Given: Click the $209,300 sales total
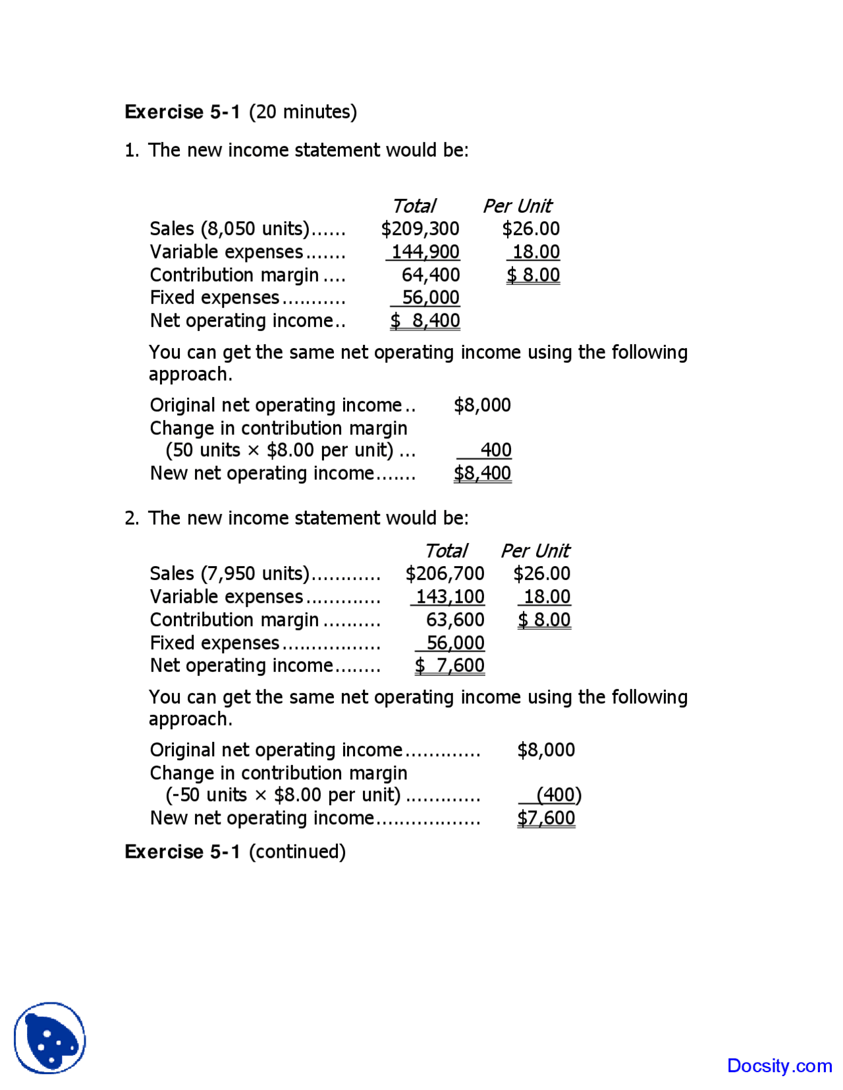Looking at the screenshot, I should tap(420, 229).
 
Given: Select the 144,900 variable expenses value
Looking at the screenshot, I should tap(425, 252).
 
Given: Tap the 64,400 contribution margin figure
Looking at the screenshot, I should tap(431, 275).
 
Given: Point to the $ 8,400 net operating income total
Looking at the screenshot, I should tap(425, 321).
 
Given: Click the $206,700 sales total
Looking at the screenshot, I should tap(445, 574).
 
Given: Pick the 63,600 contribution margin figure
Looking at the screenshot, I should tap(455, 620).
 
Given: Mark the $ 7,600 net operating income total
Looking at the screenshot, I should tap(450, 665).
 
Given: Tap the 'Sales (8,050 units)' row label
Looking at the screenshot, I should tap(229, 229).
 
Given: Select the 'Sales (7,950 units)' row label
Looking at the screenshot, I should tap(229, 574).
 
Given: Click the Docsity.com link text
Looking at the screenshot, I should tap(779, 1066).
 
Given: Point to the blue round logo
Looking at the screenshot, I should tap(50, 1038).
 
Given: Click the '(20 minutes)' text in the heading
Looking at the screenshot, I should tap(303, 112).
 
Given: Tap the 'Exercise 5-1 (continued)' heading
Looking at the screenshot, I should tap(235, 852).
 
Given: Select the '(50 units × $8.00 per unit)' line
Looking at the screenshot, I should tap(280, 450).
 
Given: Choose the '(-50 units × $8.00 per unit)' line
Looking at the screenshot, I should tap(283, 795).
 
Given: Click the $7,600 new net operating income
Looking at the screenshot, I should tap(546, 818).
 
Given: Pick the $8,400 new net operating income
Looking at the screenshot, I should tap(482, 473).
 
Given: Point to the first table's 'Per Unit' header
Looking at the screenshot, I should tap(518, 206).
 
